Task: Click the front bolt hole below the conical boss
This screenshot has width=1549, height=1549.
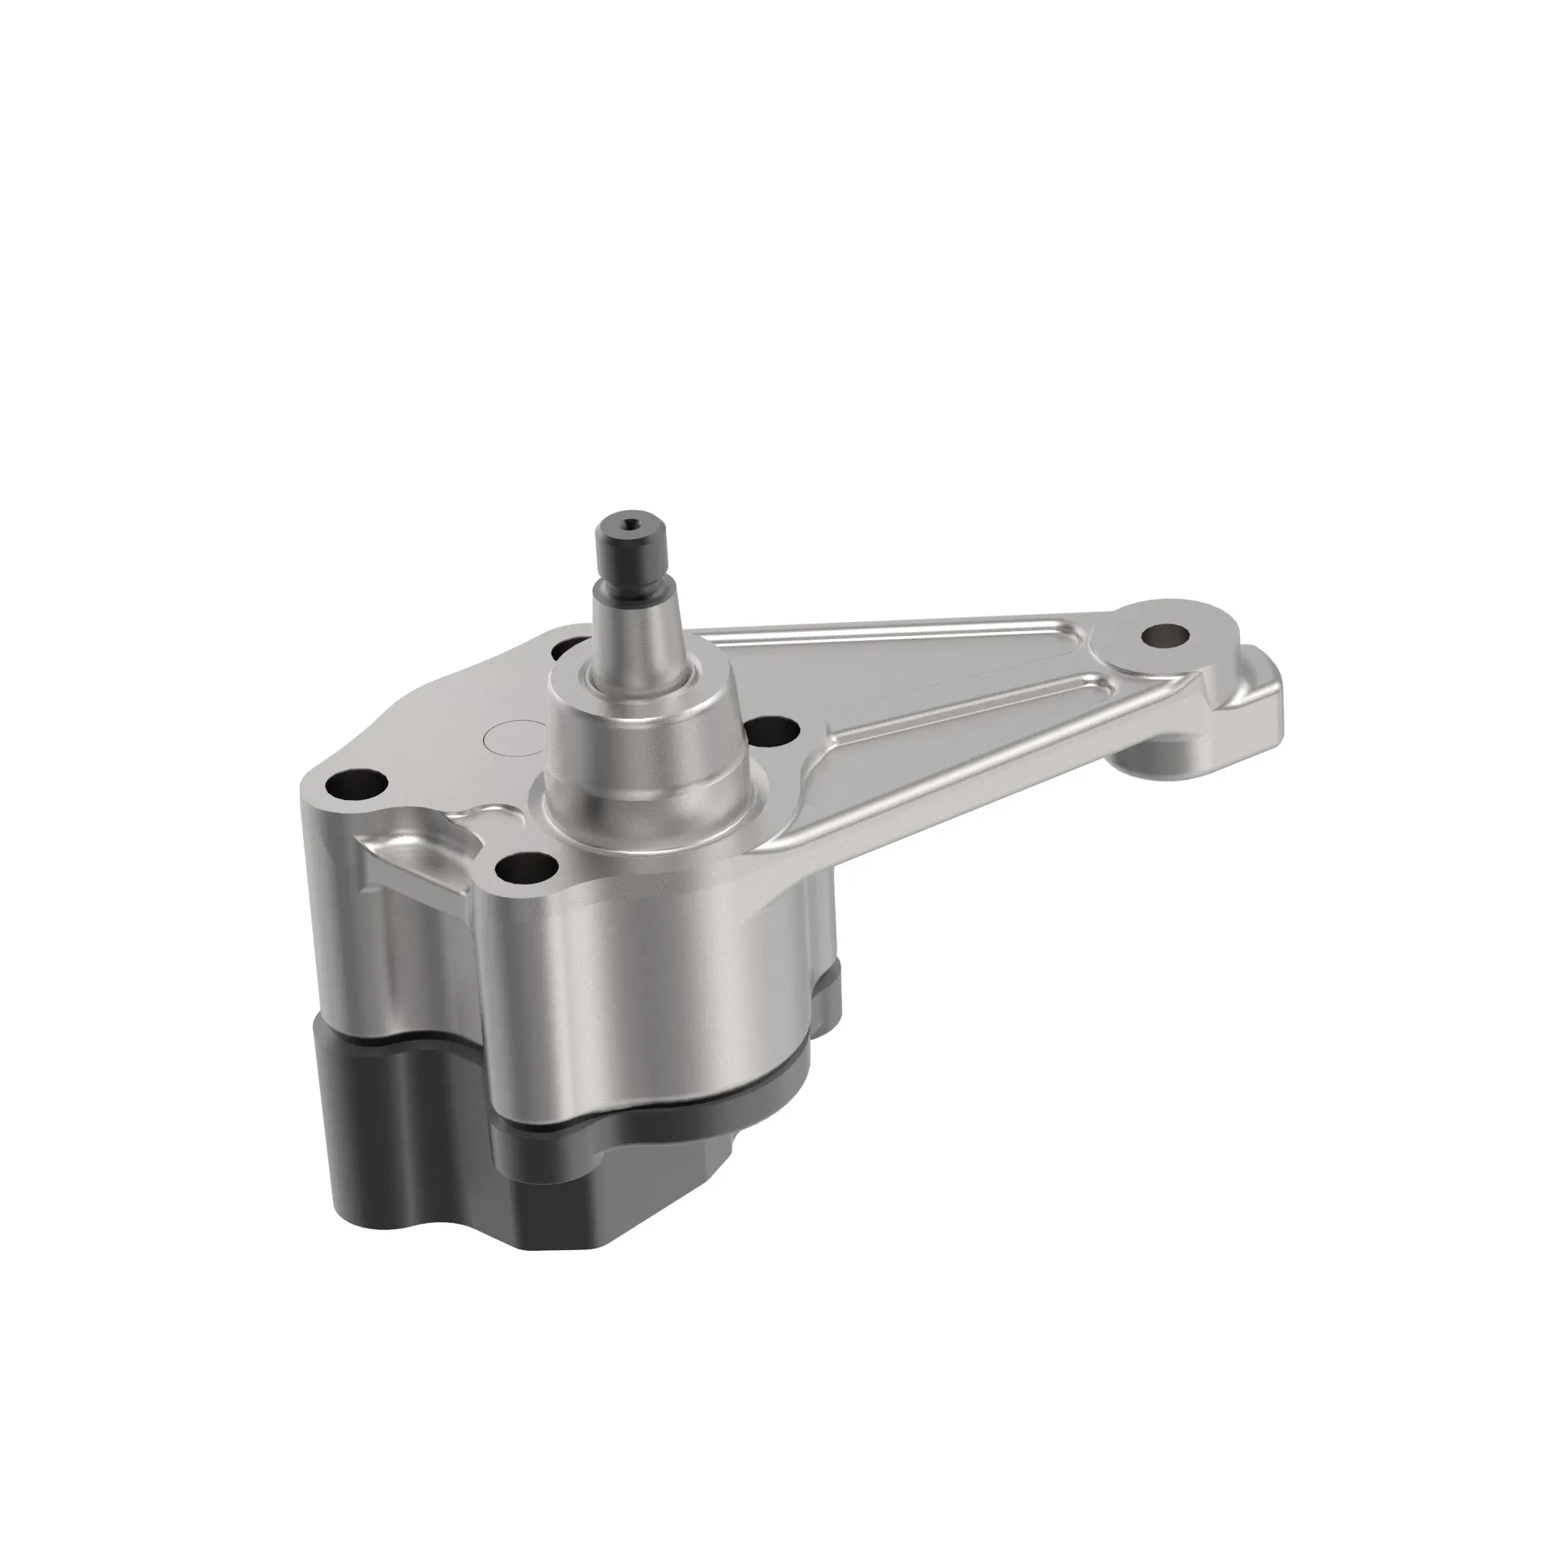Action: pyautogui.click(x=525, y=865)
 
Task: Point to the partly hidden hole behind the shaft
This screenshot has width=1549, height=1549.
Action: pyautogui.click(x=571, y=645)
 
